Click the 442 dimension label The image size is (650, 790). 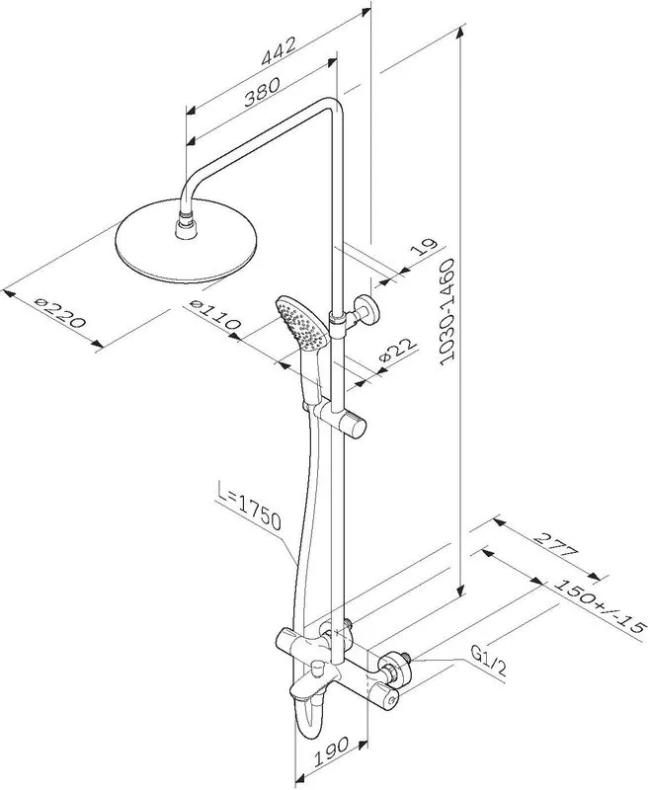coord(279,52)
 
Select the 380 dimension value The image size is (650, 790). coord(262,92)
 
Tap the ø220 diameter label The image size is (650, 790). coord(60,313)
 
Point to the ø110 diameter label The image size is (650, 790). coord(215,315)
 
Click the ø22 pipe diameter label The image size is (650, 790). coord(397,351)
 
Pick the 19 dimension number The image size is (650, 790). coord(423,248)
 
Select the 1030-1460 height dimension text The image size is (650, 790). coord(447,312)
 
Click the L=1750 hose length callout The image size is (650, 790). coord(249,506)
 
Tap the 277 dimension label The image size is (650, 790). coord(555,545)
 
